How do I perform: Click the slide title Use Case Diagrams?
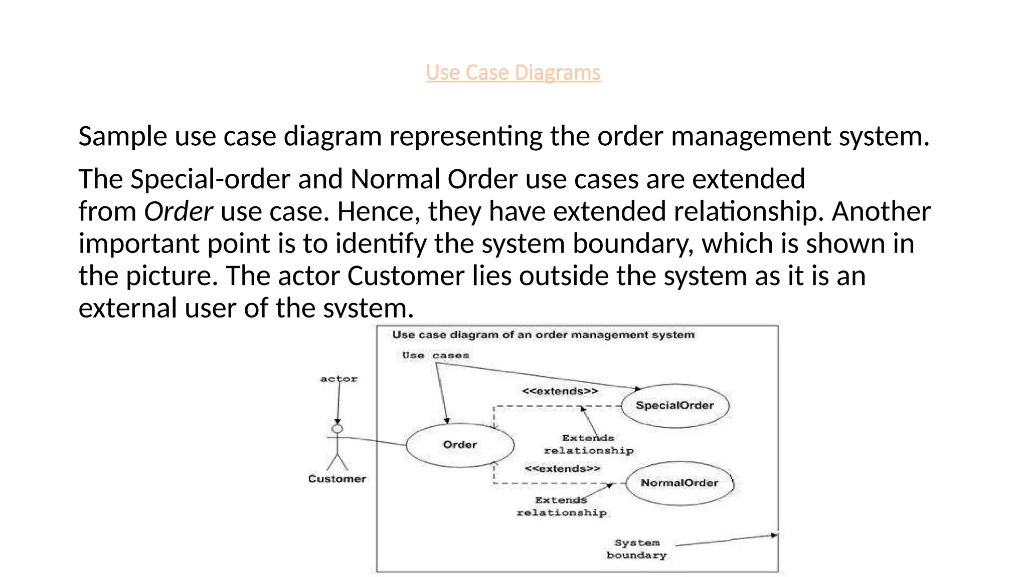coord(513,73)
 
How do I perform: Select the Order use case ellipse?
coord(460,445)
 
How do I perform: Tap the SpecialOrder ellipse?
coord(674,405)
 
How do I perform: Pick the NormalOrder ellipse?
coord(679,483)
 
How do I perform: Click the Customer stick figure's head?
coord(338,429)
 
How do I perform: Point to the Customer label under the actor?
coord(337,479)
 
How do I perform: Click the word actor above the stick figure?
coord(339,379)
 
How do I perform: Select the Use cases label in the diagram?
coord(435,356)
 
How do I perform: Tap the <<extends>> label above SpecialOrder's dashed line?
coord(560,391)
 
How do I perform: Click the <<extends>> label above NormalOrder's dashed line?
coord(562,469)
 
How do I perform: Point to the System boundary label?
coord(637,549)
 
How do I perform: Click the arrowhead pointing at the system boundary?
coord(774,535)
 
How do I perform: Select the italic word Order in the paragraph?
coord(179,211)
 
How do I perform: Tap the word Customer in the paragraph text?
coord(406,276)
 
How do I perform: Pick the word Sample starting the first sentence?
coord(122,136)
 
